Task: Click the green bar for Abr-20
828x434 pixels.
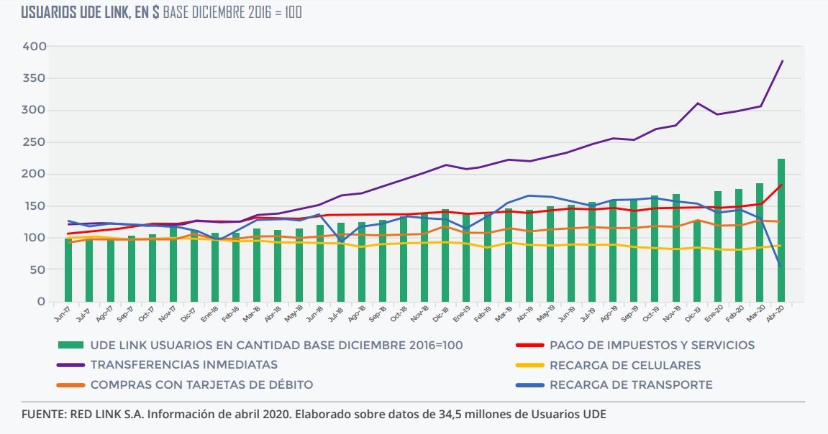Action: tap(781, 230)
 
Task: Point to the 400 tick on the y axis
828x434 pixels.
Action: tap(35, 46)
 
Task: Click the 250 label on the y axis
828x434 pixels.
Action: tap(35, 142)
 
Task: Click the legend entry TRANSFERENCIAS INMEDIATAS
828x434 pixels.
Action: tap(183, 365)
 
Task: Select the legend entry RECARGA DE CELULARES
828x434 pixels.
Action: tap(624, 365)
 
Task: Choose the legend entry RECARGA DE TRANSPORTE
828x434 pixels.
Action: tap(630, 384)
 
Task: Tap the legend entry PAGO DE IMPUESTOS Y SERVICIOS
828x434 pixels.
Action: tap(652, 345)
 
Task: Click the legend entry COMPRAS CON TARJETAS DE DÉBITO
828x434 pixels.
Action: tap(201, 384)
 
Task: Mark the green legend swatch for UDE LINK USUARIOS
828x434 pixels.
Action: tap(70, 345)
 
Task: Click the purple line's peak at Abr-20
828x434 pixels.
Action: tap(782, 61)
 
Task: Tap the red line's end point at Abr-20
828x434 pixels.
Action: tap(782, 185)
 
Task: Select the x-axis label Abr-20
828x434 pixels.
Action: tap(776, 316)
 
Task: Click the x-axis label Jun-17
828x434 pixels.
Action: tap(63, 316)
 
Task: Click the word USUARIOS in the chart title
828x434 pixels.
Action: tap(50, 13)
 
